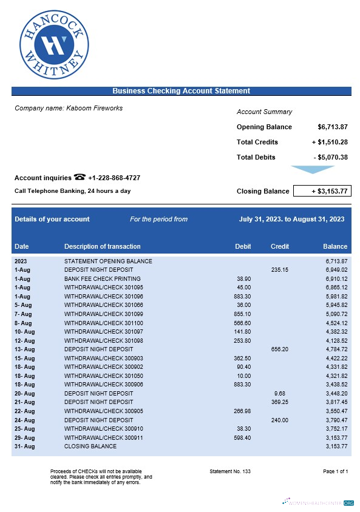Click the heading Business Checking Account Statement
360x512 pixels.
point(181,91)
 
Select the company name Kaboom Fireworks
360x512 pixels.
point(69,108)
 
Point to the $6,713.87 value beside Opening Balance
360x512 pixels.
point(332,127)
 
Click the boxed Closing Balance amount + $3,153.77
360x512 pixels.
point(322,191)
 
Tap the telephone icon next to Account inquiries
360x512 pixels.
point(80,177)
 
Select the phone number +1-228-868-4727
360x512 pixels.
point(114,178)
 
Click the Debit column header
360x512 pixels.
point(243,246)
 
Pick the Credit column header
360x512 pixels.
point(279,246)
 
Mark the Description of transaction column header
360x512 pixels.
point(102,246)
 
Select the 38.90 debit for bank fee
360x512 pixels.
point(243,278)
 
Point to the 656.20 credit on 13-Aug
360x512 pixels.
point(279,349)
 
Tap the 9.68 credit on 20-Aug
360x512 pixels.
point(279,393)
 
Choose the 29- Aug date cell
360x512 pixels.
point(23,437)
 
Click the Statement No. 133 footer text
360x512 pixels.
point(229,471)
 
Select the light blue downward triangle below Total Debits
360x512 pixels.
point(312,169)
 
